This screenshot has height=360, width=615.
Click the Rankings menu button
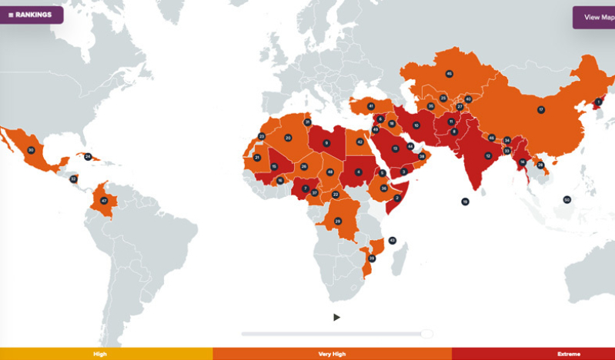pos(31,15)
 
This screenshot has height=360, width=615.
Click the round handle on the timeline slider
pos(426,334)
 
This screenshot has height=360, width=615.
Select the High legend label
pos(100,354)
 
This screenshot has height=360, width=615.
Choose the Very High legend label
pos(331,354)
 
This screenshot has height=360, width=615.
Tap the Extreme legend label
pos(568,354)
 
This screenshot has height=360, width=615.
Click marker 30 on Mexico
pos(31,150)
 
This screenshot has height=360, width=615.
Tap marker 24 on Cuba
pos(88,157)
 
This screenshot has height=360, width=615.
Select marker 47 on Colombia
pos(104,201)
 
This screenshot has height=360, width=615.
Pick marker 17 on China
pos(541,110)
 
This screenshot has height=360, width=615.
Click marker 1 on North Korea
pos(598,102)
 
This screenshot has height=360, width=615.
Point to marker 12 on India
pos(488,155)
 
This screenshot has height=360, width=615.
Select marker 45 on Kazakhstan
pos(450,74)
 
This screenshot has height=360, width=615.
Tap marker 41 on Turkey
pos(370,106)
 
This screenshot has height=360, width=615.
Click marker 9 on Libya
pos(327,143)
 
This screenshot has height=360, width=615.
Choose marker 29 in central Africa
pos(338,222)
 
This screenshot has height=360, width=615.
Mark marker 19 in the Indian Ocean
pos(465,202)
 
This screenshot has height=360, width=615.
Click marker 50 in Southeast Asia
pos(567,199)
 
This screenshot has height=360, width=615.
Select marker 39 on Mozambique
pos(372,258)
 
